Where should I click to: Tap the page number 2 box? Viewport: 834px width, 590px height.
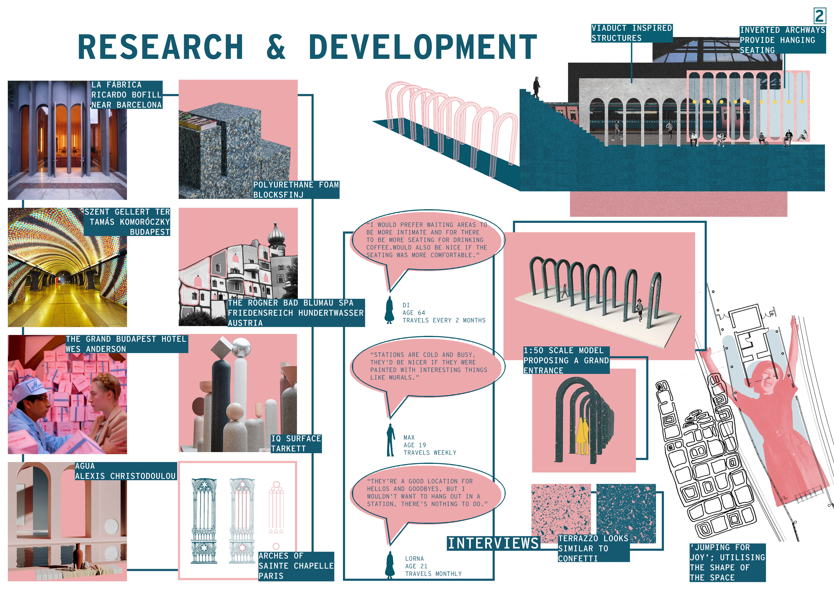[x=820, y=16]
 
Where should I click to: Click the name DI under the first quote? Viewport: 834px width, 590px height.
[x=406, y=305]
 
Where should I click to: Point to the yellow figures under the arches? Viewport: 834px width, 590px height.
[x=582, y=436]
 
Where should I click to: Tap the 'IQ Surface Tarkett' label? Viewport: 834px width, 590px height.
[x=296, y=444]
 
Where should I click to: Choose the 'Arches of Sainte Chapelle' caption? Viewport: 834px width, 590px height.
[x=296, y=566]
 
